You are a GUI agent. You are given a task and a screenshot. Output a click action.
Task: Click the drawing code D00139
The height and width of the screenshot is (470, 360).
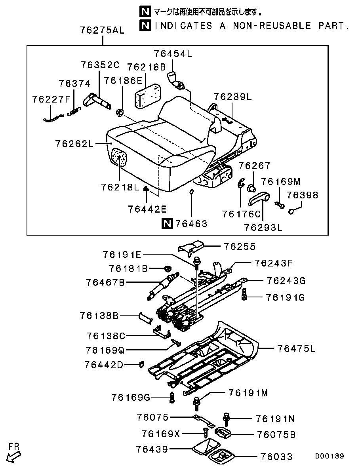click(330, 456)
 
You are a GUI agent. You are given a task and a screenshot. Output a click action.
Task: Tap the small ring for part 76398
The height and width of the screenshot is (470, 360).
click(291, 211)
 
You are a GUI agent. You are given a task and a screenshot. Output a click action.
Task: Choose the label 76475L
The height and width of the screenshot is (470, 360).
click(296, 349)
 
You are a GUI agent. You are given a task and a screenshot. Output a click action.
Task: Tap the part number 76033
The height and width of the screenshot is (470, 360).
click(277, 457)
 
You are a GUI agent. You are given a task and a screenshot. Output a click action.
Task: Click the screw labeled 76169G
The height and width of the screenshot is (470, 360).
click(172, 397)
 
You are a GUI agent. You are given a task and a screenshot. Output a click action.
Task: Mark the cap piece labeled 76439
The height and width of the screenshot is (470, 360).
click(204, 447)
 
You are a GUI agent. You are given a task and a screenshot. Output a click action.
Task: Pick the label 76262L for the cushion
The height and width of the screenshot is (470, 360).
click(73, 144)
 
